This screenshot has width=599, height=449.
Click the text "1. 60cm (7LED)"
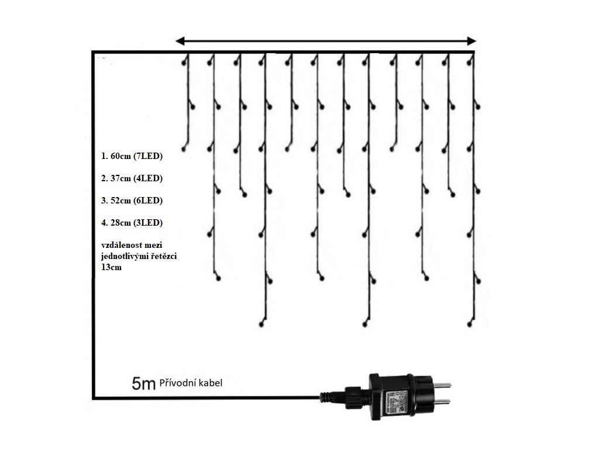[131, 157]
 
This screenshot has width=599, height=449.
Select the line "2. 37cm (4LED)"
[131, 178]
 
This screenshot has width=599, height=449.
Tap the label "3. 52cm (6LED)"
[131, 201]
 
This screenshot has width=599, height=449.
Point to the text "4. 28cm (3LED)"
[131, 223]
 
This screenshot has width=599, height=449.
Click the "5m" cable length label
[143, 384]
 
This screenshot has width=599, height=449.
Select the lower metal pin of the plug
[442, 402]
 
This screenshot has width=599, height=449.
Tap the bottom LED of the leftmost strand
[184, 150]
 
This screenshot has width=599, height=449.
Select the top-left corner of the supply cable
[94, 53]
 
